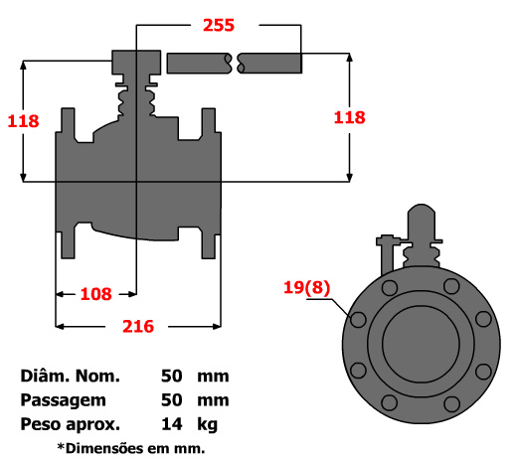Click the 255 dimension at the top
pyautogui.click(x=218, y=25)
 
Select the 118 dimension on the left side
pyautogui.click(x=22, y=121)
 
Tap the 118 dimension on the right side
pyautogui.click(x=349, y=116)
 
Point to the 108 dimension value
pyautogui.click(x=95, y=294)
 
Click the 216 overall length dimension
pyautogui.click(x=137, y=325)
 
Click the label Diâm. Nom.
pyautogui.click(x=70, y=377)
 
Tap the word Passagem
pyautogui.click(x=62, y=400)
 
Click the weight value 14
pyautogui.click(x=172, y=424)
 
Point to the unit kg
pyautogui.click(x=207, y=424)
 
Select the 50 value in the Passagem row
pyautogui.click(x=172, y=400)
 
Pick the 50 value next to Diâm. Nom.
pyautogui.click(x=172, y=377)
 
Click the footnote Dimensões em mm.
pyautogui.click(x=130, y=448)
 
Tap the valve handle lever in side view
pyautogui.click(x=235, y=63)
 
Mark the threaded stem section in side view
pyautogui.click(x=135, y=100)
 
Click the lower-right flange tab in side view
pyautogui.click(x=208, y=241)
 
